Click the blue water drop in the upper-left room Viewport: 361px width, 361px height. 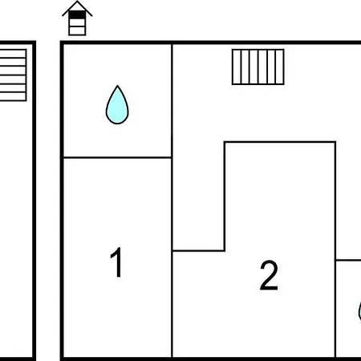(117, 106)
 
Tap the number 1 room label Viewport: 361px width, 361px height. (117, 262)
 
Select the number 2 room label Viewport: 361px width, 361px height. (269, 275)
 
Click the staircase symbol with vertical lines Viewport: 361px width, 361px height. (258, 67)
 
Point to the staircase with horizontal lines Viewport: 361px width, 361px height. (13, 75)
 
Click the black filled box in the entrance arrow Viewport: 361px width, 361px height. (77, 14)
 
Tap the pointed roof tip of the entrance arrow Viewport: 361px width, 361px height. (77, 2)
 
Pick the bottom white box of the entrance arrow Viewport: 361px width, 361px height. (77, 30)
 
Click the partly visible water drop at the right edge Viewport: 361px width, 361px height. (359, 311)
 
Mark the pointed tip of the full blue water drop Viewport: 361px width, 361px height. (117, 86)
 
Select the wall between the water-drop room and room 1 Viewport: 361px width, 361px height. (117, 158)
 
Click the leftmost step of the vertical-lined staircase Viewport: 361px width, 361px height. (237, 67)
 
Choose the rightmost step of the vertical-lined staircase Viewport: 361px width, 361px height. (280, 67)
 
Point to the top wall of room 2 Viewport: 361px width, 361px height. (280, 142)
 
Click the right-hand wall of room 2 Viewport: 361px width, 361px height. (335, 249)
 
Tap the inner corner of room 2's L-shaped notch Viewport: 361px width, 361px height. (225, 250)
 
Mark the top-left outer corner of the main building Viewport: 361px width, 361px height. (62, 43)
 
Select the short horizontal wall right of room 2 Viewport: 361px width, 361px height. (348, 260)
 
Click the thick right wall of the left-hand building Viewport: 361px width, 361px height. (34, 201)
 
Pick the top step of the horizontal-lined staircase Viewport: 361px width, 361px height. (13, 53)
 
